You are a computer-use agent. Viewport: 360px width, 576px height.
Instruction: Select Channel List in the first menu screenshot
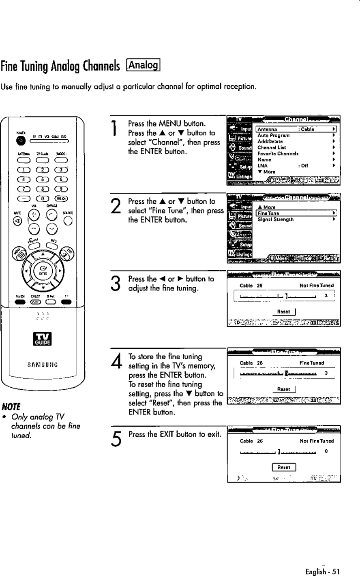(270, 148)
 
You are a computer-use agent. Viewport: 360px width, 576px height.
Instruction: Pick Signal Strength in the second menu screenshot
(276, 219)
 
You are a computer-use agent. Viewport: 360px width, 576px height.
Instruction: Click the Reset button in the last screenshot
(283, 467)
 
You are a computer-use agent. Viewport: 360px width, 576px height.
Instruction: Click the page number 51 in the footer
(335, 572)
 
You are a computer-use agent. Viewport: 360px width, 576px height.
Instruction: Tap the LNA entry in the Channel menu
(261, 165)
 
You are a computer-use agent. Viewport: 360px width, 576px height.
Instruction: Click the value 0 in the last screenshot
(326, 451)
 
